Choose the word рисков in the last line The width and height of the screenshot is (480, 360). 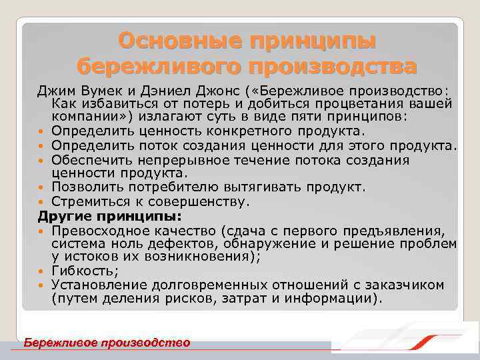tap(193, 299)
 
